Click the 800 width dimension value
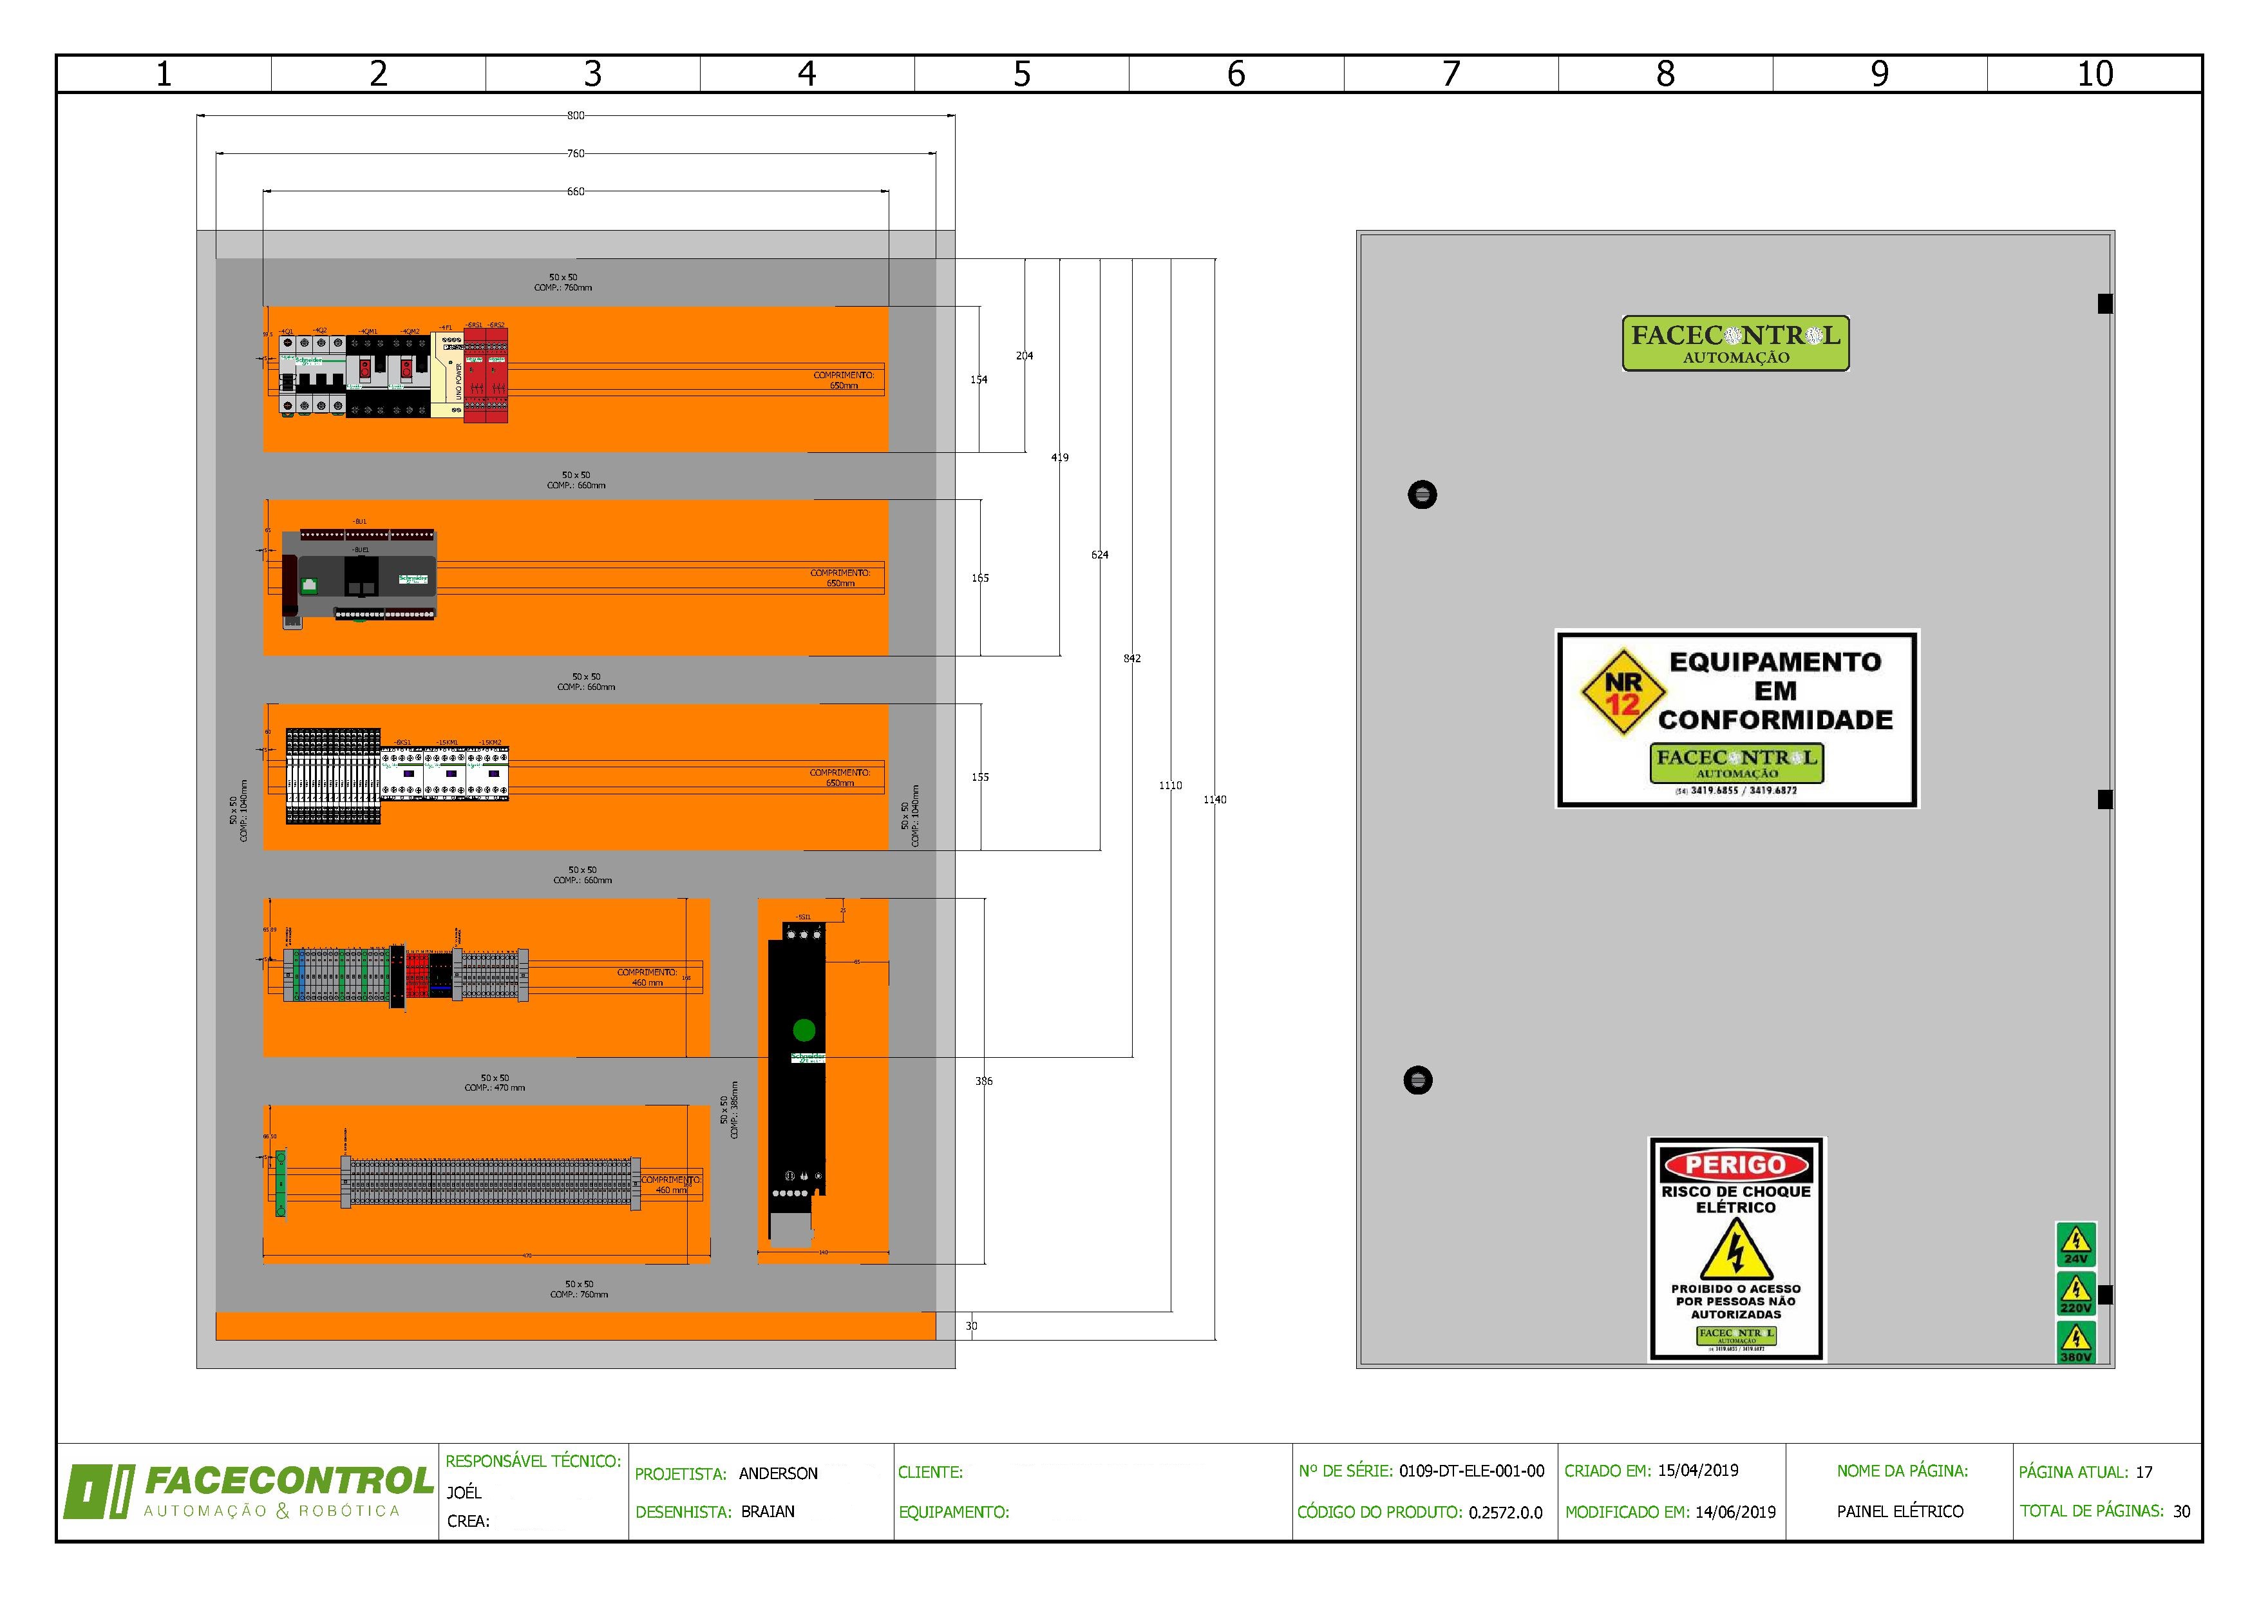click(576, 115)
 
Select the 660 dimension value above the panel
click(576, 192)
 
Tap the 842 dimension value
click(1133, 658)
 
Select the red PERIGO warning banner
click(1737, 1165)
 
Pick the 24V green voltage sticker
click(2076, 1244)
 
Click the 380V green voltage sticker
click(2076, 1342)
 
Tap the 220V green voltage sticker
click(2076, 1293)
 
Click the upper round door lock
click(1423, 494)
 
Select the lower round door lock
click(1418, 1080)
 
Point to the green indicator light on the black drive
click(804, 1030)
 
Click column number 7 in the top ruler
click(1451, 74)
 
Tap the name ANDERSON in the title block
click(779, 1473)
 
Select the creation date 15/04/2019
click(1698, 1470)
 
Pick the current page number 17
click(2144, 1472)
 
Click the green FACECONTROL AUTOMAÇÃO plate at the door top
click(1735, 343)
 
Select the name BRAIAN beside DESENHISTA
click(768, 1511)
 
